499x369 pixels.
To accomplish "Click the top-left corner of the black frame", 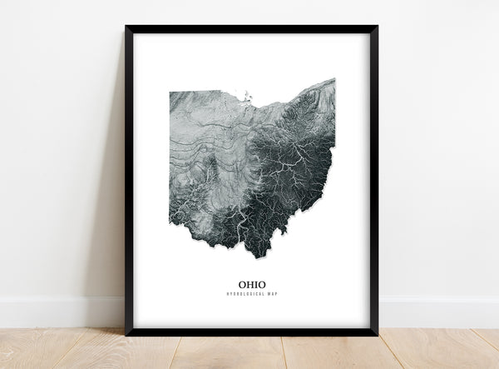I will click(126, 27).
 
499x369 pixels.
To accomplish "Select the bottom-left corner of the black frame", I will click(126, 333).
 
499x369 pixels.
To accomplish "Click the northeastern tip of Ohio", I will click(333, 80).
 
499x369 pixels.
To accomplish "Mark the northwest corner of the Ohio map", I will click(170, 92).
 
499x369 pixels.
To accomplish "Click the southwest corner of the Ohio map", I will click(171, 222).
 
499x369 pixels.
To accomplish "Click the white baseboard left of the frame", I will click(58, 312).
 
